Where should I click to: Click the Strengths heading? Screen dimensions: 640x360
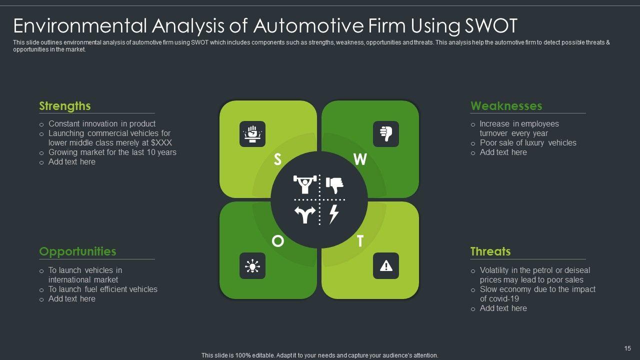coord(65,106)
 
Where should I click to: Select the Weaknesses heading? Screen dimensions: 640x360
coord(506,106)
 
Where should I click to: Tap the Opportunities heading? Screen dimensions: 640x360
coord(77,251)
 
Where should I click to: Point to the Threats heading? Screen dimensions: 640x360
coord(490,251)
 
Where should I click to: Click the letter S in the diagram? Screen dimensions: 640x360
coord(278,159)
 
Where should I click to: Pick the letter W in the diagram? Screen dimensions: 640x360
coord(360,159)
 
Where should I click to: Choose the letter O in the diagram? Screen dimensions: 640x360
coord(277,241)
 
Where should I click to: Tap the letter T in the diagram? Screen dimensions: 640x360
coord(360,241)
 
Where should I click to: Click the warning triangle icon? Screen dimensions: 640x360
coord(386,266)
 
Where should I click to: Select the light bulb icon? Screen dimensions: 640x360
coord(252,266)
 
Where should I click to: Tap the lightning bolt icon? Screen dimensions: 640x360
coord(334,214)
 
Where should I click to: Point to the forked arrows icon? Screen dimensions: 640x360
coord(304,214)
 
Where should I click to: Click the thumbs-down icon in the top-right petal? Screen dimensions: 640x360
coord(386,134)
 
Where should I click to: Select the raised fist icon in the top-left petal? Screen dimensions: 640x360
coord(252,134)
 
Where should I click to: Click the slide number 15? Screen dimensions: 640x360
coord(628,348)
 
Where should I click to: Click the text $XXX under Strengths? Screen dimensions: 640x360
coord(161,143)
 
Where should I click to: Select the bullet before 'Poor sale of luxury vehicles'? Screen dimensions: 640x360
coord(473,143)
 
